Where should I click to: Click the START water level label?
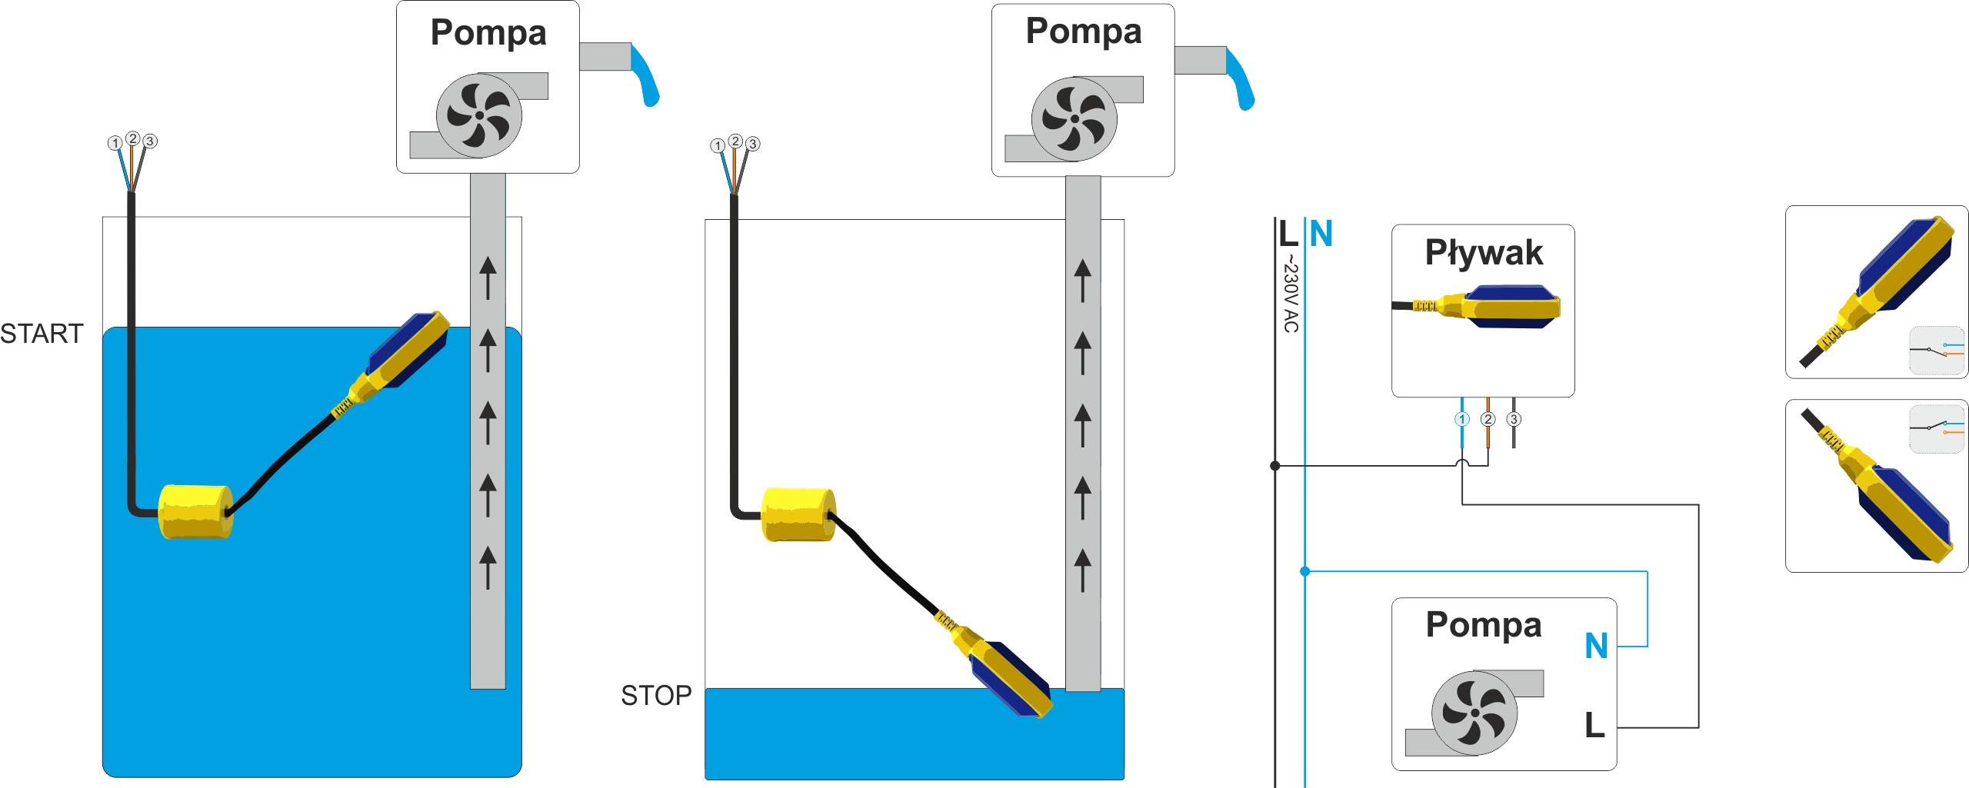(x=42, y=334)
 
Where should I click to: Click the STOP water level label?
(x=655, y=695)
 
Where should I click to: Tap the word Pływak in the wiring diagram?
(x=1483, y=253)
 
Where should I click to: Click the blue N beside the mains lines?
(x=1321, y=234)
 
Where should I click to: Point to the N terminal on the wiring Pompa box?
(x=1596, y=646)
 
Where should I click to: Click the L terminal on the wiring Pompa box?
(x=1594, y=725)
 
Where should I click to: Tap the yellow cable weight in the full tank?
(x=195, y=511)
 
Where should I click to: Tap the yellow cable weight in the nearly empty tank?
(x=798, y=514)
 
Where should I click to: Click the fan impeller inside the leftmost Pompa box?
(x=478, y=115)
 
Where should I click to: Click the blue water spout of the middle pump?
(x=1241, y=79)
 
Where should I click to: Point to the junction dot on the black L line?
(x=1274, y=466)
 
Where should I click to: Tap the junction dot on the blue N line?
(x=1304, y=571)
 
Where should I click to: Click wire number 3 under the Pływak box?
(x=1514, y=420)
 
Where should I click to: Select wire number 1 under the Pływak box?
(x=1461, y=420)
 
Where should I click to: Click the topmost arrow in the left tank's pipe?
(x=488, y=277)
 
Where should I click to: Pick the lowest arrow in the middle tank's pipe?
(x=1082, y=570)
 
